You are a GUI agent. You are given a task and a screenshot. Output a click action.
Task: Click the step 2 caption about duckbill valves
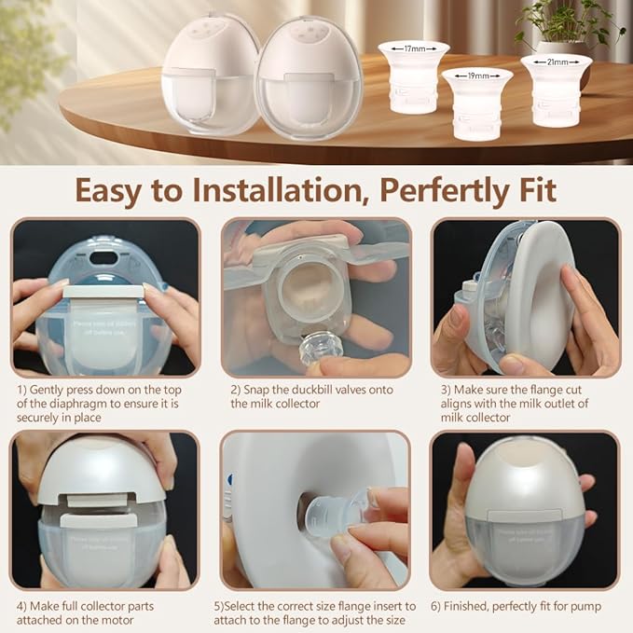(x=312, y=396)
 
